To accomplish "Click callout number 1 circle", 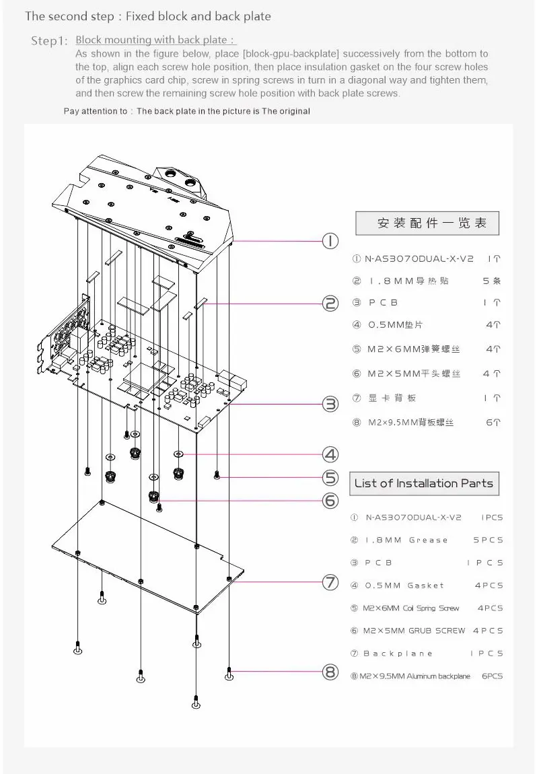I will click(330, 241).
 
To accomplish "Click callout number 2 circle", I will click(330, 304).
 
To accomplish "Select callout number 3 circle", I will click(330, 404).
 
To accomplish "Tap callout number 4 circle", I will click(330, 454).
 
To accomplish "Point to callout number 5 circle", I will click(330, 478).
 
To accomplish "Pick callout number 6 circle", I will click(330, 501).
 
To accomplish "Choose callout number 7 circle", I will click(330, 583).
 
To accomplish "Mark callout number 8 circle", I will click(330, 672).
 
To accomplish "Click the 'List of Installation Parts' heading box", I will click(424, 483).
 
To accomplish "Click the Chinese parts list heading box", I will click(427, 223).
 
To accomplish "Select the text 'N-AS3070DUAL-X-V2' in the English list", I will click(414, 518).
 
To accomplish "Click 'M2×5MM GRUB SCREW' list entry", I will click(414, 631).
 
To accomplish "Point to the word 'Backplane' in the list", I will click(398, 654).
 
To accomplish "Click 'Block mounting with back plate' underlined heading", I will click(155, 40).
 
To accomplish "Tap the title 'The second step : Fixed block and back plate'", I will click(148, 15).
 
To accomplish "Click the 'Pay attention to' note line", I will click(186, 111).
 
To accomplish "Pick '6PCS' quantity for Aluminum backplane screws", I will click(492, 676).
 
